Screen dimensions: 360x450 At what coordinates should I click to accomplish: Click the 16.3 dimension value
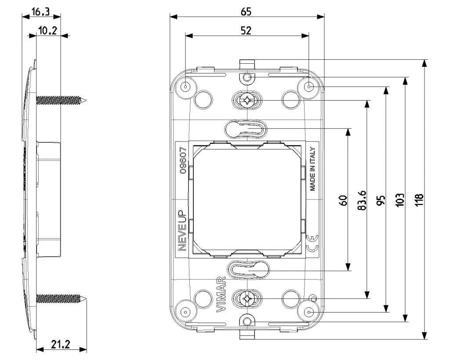(40, 12)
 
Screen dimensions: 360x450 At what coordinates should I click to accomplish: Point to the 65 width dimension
(246, 12)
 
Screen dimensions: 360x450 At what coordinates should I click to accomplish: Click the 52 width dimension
(246, 30)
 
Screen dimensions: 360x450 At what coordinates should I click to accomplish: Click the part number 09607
(184, 161)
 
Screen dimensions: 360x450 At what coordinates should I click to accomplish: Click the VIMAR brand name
(221, 295)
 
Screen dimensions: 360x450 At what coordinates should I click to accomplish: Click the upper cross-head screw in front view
(247, 101)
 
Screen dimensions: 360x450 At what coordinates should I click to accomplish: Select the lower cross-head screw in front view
(247, 299)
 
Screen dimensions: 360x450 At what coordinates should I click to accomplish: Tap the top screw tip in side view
(86, 101)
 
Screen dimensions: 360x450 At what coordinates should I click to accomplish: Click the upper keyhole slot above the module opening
(246, 129)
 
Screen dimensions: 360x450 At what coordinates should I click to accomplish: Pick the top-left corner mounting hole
(186, 87)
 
